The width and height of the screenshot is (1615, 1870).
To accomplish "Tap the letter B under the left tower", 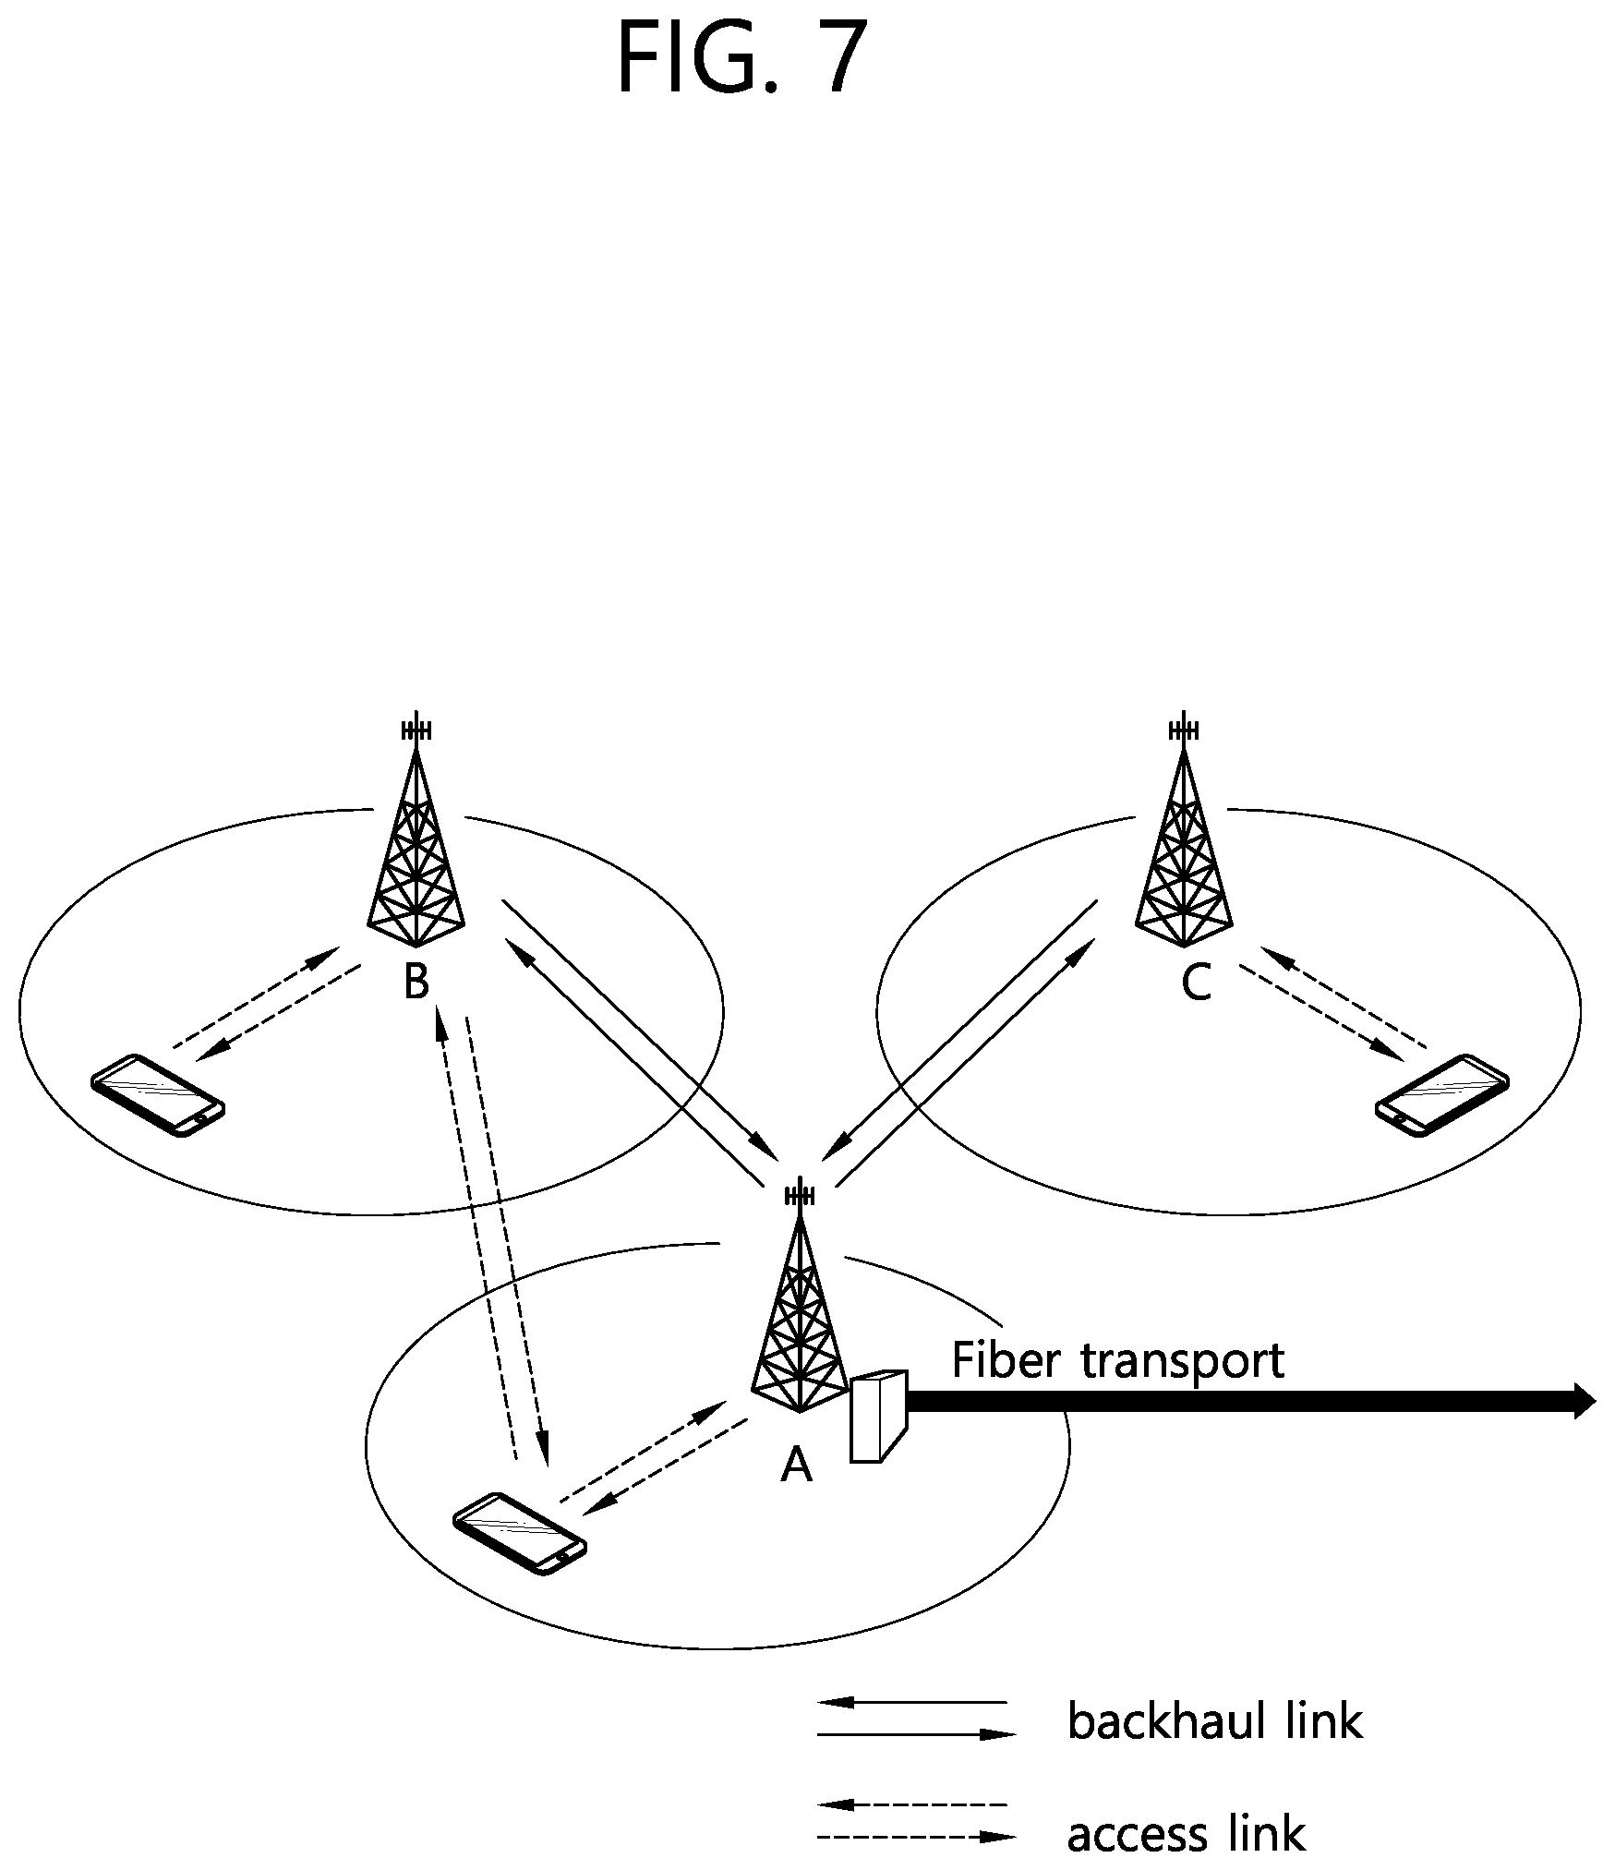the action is pos(416,982).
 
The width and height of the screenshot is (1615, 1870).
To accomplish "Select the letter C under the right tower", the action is pos(1196,983).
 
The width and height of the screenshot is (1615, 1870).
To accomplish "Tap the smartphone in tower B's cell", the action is pos(158,1095).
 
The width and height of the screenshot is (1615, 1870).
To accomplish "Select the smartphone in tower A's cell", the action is pos(520,1534).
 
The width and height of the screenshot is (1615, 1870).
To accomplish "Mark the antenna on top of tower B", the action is pos(416,730).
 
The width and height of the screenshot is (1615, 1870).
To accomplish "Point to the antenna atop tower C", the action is pos(1184,730).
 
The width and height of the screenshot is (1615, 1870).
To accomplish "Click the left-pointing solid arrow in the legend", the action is pos(912,1701).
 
